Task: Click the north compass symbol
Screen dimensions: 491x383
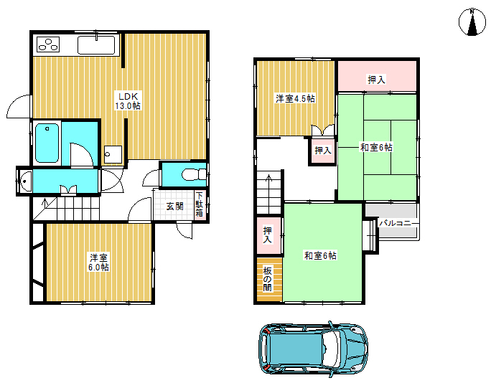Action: coord(472,22)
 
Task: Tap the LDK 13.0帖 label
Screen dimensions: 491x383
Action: coord(128,100)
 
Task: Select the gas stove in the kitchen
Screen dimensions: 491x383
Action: coord(48,44)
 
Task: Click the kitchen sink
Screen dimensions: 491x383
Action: coord(96,45)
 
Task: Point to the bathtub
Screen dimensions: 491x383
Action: coord(47,143)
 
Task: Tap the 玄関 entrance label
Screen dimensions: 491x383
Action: coord(174,207)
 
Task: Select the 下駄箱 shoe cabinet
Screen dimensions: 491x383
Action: coord(200,204)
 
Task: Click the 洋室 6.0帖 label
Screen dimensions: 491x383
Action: coord(98,263)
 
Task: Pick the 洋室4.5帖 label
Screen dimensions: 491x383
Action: coord(295,98)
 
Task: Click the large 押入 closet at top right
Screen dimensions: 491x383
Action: coord(377,76)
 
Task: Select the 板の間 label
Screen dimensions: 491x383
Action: coord(267,279)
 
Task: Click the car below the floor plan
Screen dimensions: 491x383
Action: coord(313,349)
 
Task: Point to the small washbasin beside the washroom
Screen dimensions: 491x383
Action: coord(25,181)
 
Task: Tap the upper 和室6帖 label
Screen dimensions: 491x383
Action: coord(376,147)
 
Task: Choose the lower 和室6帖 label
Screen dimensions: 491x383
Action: coord(320,255)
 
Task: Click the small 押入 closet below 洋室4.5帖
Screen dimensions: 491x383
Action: coord(322,151)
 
